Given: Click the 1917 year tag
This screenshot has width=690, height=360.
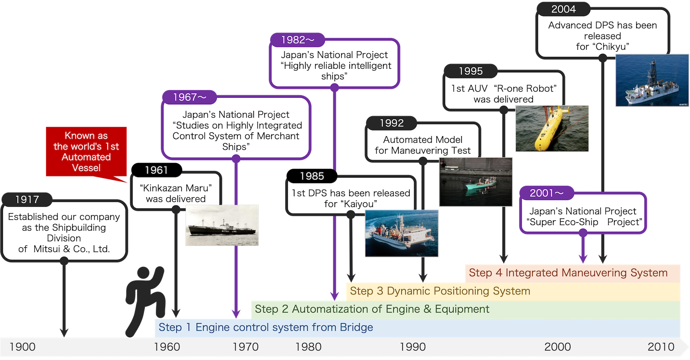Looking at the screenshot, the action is tap(27, 199).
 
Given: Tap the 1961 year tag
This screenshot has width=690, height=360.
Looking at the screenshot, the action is tap(156, 170).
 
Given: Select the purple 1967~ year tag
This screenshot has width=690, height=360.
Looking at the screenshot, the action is tap(190, 97).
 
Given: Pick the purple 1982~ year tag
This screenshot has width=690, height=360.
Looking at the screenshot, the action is tap(298, 40).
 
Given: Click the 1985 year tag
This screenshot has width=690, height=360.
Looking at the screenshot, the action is tap(312, 176).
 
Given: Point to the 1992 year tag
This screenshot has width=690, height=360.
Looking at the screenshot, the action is tap(392, 123).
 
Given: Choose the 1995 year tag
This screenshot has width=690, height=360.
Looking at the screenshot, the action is tap(471, 71).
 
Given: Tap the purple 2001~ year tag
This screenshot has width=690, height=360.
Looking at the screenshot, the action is tap(547, 193).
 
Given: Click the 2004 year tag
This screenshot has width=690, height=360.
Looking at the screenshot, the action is tap(563, 9).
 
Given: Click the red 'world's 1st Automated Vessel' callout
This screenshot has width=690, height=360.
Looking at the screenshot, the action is tap(86, 152).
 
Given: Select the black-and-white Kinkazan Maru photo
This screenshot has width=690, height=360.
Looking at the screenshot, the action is tap(222, 225).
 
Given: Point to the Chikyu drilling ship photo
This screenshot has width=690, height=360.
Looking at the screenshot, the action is tap(652, 80).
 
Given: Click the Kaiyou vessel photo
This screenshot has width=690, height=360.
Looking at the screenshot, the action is tap(402, 234).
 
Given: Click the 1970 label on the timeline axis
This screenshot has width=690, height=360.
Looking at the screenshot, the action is tap(246, 347).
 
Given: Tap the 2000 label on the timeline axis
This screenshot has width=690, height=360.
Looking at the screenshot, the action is tap(558, 347).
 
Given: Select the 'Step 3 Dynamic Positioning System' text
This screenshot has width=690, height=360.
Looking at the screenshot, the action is tap(440, 291).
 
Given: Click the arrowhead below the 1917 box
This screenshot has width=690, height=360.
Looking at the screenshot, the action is tap(64, 333).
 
